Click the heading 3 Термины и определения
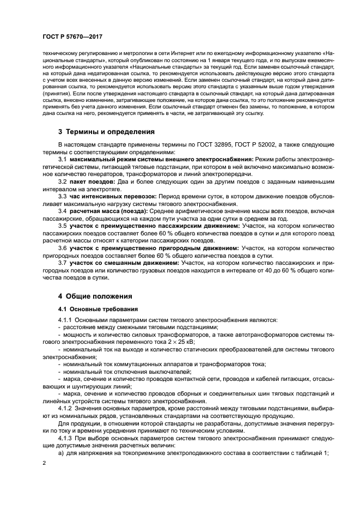[x=99, y=132]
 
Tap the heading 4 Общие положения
[x=95, y=296]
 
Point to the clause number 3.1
[x=62, y=158]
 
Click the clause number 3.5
[x=62, y=225]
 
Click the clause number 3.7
[x=62, y=263]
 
